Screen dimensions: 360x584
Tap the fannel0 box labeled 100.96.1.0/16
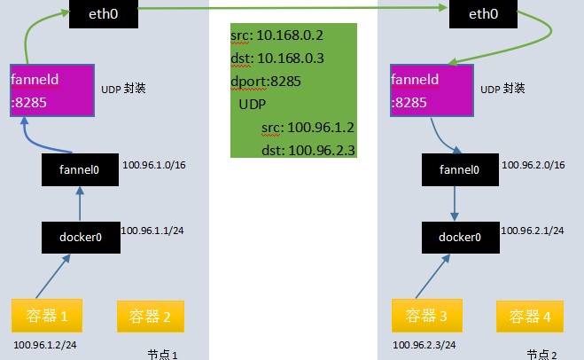pyautogui.click(x=79, y=168)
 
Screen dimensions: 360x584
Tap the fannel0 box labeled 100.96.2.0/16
pyautogui.click(x=460, y=168)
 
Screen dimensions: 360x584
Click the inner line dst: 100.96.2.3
pyautogui.click(x=308, y=151)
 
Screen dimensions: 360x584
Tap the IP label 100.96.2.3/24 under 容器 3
pyautogui.click(x=425, y=343)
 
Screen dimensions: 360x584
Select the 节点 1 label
pyautogui.click(x=164, y=354)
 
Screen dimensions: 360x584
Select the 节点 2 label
pyautogui.click(x=541, y=354)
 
